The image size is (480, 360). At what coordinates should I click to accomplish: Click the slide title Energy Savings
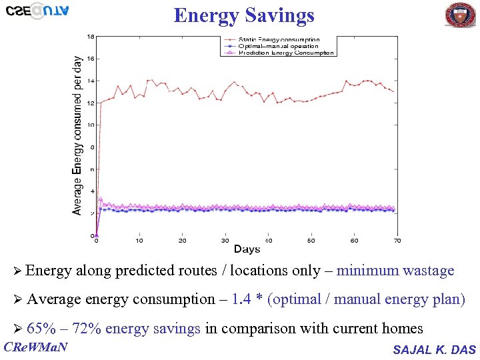click(243, 15)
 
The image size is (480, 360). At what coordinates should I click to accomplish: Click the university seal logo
click(461, 15)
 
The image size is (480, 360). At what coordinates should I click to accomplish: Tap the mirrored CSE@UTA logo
click(37, 11)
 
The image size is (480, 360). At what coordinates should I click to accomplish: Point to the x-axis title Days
click(247, 249)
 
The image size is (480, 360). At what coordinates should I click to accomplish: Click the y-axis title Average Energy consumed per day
click(78, 135)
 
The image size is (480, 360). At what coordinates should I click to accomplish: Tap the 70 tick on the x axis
click(397, 241)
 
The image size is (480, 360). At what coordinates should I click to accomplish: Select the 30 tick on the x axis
click(225, 241)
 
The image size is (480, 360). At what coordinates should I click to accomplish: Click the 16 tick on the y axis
click(91, 59)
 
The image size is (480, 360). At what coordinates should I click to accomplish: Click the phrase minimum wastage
click(395, 271)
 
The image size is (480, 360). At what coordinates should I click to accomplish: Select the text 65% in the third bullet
click(41, 328)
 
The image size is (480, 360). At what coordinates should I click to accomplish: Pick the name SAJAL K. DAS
click(435, 349)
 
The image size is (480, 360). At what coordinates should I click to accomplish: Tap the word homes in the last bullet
click(403, 328)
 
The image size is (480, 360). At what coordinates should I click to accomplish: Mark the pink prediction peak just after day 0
click(101, 199)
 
